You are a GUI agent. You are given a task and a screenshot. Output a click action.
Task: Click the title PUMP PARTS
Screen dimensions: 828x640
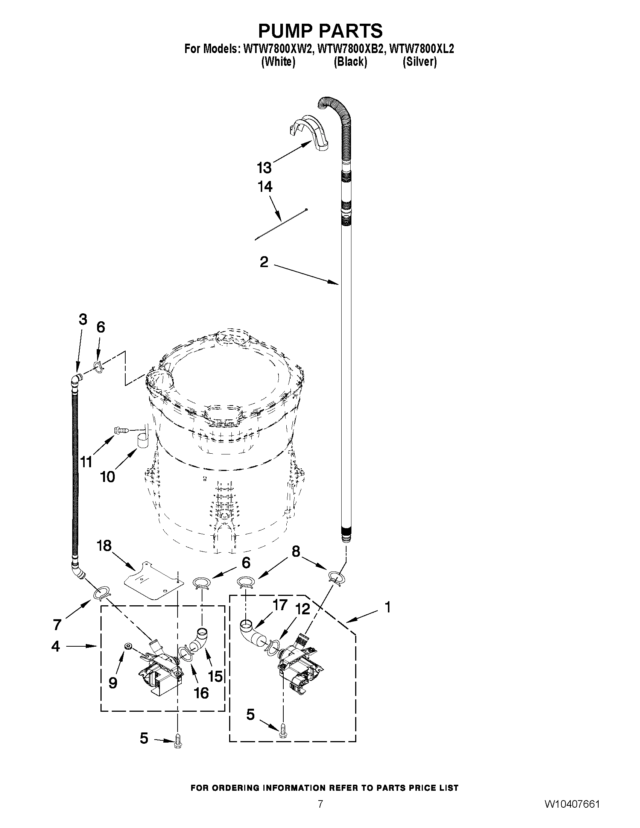(321, 30)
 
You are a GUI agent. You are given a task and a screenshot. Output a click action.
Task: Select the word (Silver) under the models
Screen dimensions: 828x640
(420, 61)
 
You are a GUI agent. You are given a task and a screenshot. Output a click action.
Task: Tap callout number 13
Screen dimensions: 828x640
(264, 167)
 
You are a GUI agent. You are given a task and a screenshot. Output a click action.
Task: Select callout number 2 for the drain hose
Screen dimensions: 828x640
(264, 261)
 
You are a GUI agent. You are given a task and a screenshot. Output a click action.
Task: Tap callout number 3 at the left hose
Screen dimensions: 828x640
(83, 319)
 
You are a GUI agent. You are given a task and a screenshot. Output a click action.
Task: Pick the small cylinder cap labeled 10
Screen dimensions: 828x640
(143, 441)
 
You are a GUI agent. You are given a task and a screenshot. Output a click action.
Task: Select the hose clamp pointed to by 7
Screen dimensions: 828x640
(102, 593)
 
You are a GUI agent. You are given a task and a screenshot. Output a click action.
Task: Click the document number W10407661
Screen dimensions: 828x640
(573, 813)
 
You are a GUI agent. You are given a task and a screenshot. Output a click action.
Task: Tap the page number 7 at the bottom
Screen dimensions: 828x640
(321, 813)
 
